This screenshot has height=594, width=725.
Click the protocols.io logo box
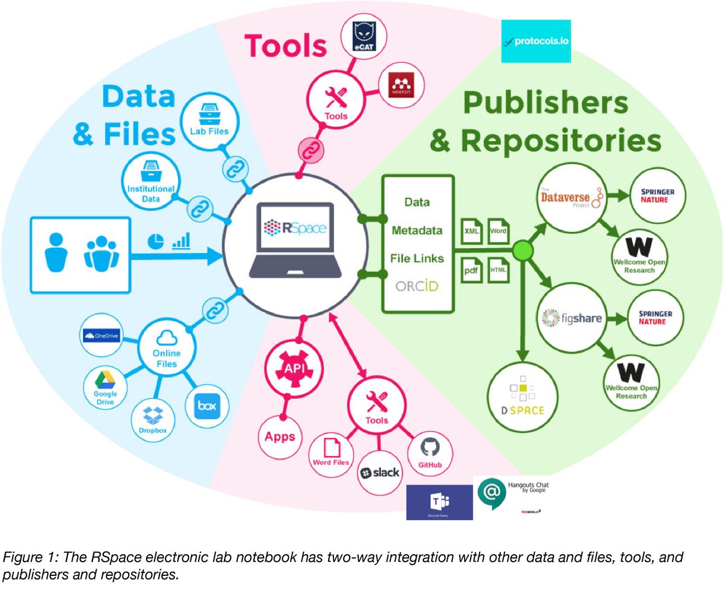point(536,41)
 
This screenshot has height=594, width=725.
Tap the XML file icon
point(472,231)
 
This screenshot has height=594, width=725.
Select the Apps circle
point(280,436)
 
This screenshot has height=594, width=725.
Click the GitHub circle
point(430,453)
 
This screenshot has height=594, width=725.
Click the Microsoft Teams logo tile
point(439,502)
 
